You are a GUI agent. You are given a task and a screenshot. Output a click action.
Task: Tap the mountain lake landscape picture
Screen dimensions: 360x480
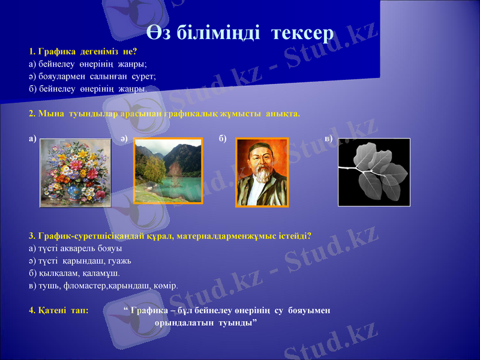point(168,171)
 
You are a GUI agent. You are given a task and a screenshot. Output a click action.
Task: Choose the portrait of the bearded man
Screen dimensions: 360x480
point(262,172)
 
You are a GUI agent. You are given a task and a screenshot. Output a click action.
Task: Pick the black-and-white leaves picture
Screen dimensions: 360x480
point(374,172)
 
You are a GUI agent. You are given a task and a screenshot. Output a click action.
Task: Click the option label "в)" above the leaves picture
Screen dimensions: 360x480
point(329,139)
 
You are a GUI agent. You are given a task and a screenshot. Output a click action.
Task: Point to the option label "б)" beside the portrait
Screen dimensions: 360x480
point(223,139)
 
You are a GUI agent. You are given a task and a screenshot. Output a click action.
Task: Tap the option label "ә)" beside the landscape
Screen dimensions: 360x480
point(123,139)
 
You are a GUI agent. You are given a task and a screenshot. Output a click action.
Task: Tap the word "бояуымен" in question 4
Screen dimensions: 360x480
point(309,311)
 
